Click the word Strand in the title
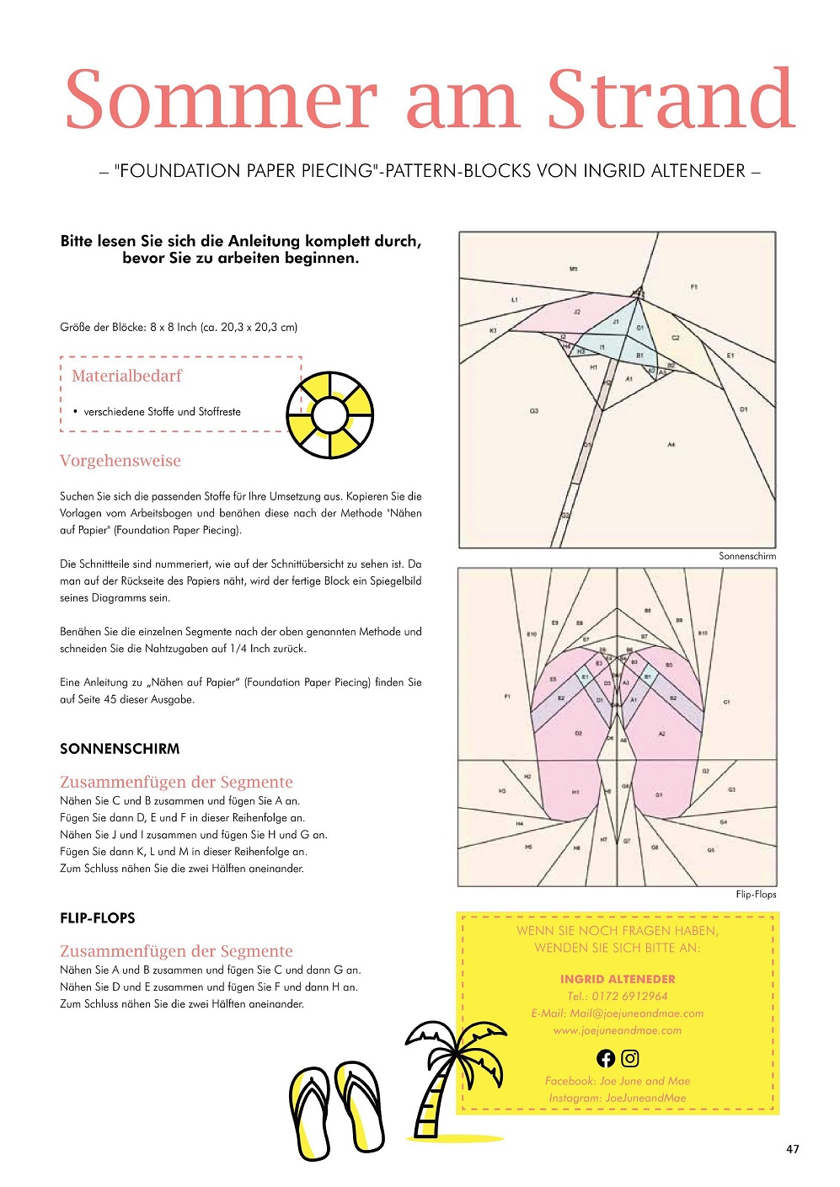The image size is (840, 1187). click(x=671, y=99)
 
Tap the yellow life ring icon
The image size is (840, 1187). click(x=329, y=414)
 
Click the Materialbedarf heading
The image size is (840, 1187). click(x=126, y=376)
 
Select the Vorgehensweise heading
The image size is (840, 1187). click(x=120, y=461)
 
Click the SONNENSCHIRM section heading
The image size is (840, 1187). click(x=120, y=749)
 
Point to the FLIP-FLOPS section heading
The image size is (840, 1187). click(x=98, y=918)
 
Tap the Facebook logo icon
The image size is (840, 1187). click(x=606, y=1058)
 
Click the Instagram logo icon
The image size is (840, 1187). click(x=630, y=1058)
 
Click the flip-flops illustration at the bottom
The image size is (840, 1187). click(x=336, y=1108)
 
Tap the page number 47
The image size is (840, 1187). click(x=792, y=1149)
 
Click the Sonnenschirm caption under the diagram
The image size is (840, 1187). click(x=747, y=556)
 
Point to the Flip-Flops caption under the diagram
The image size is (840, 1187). click(x=756, y=895)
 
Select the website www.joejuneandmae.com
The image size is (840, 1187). click(x=618, y=1030)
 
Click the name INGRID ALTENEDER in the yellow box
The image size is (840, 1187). click(x=618, y=979)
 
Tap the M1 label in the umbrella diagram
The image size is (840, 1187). click(x=574, y=269)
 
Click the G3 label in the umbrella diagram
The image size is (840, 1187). click(x=534, y=411)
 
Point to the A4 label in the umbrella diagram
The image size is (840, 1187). click(x=671, y=444)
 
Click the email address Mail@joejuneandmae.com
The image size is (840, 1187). click(x=636, y=1013)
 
